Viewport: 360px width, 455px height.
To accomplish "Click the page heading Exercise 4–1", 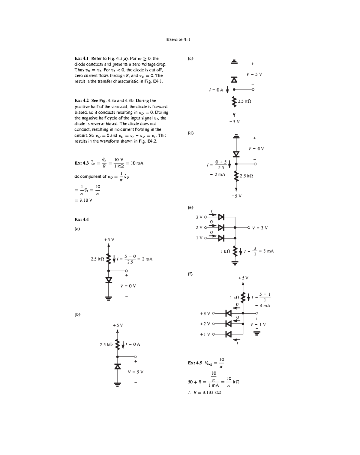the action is coord(178,40).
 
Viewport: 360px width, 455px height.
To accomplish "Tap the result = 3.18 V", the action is coord(83,200).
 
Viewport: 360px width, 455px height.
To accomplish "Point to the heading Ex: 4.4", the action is coord(82,219).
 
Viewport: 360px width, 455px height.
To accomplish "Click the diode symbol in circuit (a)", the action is coord(109,280).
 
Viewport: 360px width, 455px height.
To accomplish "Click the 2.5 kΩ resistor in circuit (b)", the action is coord(118,345).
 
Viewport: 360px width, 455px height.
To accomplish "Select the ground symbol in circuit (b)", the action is coord(118,384).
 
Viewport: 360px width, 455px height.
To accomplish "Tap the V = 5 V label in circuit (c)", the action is coord(254,74).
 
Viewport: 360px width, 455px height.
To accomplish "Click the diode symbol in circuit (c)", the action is coord(234,80).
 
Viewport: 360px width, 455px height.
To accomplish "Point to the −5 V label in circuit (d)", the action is coord(236,196).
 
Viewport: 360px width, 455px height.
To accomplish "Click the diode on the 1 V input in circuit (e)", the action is coord(221,238).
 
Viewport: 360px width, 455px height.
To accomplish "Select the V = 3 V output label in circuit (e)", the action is coord(260,228).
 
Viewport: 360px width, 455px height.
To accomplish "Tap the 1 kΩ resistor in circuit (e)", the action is coord(235,251).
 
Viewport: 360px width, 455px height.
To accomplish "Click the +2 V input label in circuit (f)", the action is coord(205,324).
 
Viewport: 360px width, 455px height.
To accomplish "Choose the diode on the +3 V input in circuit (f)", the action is coord(229,313).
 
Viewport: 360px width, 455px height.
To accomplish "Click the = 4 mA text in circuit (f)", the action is coord(263,306).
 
